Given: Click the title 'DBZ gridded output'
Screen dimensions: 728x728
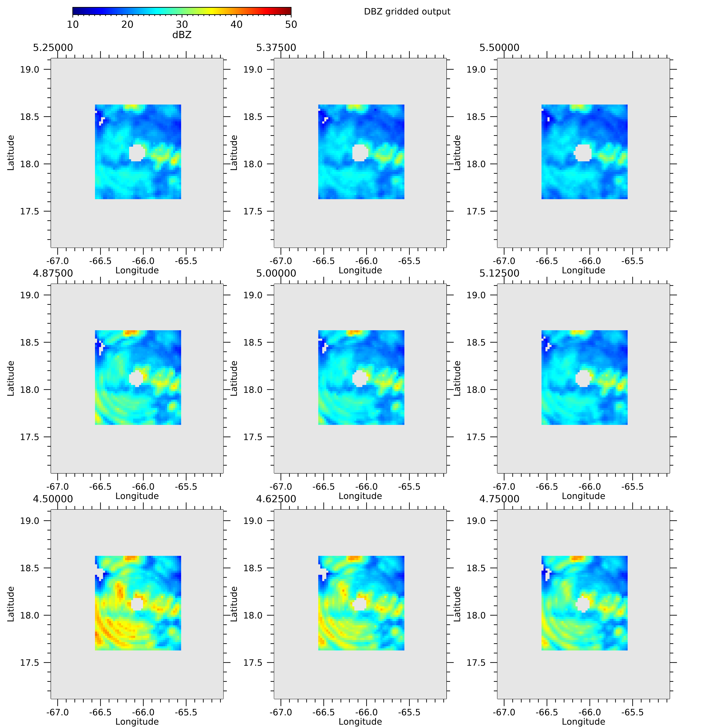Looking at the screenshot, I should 407,12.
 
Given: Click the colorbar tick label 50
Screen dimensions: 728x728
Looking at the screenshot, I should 291,24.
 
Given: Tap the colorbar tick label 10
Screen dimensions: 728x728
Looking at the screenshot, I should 73,24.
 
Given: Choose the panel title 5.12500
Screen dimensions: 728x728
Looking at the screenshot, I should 499,273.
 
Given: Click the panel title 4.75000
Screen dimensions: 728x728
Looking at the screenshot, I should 499,499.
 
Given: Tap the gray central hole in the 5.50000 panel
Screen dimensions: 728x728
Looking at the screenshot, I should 583,153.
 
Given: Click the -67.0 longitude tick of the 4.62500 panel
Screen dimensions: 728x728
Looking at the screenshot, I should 281,713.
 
